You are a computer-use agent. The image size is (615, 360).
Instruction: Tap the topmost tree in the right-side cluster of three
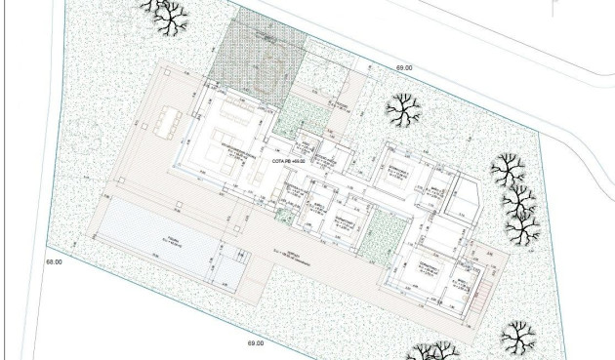tap(508, 171)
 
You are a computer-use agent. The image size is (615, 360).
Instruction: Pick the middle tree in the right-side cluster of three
tap(517, 201)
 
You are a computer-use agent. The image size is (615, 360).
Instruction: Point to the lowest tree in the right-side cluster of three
tap(522, 230)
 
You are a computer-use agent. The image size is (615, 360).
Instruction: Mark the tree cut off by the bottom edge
tap(430, 352)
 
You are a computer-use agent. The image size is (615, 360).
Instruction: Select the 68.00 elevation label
tap(53, 262)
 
